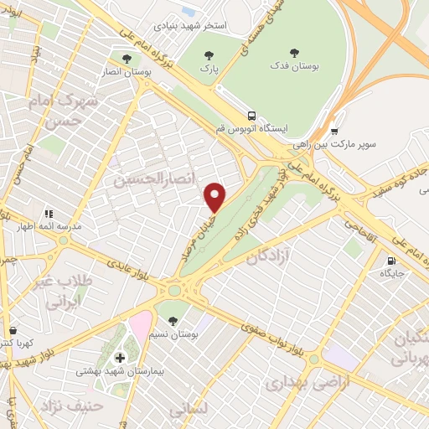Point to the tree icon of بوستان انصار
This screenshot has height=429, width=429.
pyautogui.click(x=126, y=59)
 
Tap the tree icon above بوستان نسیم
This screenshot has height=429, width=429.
pyautogui.click(x=173, y=320)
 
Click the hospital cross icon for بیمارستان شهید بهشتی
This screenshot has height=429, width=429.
pyautogui.click(x=120, y=358)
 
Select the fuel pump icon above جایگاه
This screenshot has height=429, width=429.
pyautogui.click(x=391, y=260)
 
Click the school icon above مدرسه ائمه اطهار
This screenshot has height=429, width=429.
pyautogui.click(x=49, y=213)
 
